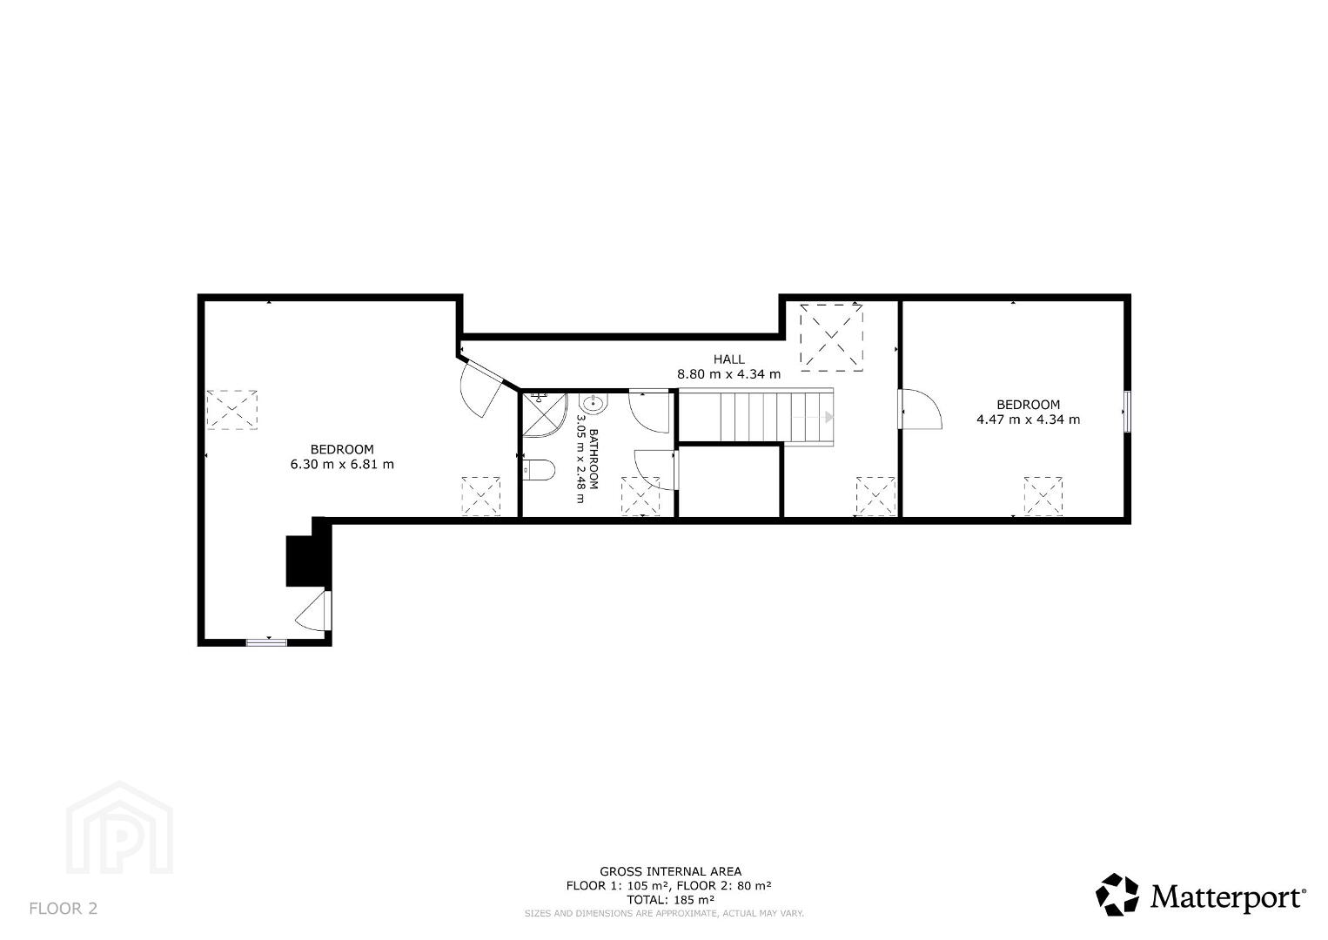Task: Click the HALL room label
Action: [728, 359]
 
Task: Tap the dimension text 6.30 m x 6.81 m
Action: [342, 465]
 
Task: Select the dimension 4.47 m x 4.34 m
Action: [1028, 420]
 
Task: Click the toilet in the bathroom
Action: [539, 470]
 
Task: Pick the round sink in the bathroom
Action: [594, 405]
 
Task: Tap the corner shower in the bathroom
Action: [544, 414]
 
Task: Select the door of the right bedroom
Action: [920, 408]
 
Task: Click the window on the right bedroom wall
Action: [1127, 412]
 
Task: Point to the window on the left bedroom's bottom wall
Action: [267, 641]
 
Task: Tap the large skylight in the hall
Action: [831, 338]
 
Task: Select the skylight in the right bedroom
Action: [1043, 496]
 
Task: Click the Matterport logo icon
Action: [1117, 895]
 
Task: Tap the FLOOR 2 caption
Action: [64, 909]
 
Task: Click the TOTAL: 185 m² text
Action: [670, 899]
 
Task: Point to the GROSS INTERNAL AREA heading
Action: [670, 871]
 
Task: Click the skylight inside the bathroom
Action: [641, 496]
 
